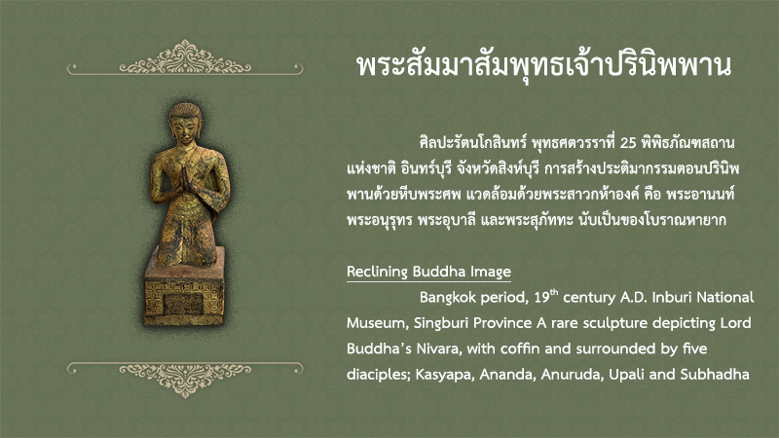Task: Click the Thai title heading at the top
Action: (544, 66)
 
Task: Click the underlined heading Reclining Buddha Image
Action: (428, 272)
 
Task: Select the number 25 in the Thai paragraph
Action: (628, 143)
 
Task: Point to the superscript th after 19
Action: (554, 292)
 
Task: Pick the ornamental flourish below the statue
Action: (185, 379)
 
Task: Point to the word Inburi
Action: (672, 298)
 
